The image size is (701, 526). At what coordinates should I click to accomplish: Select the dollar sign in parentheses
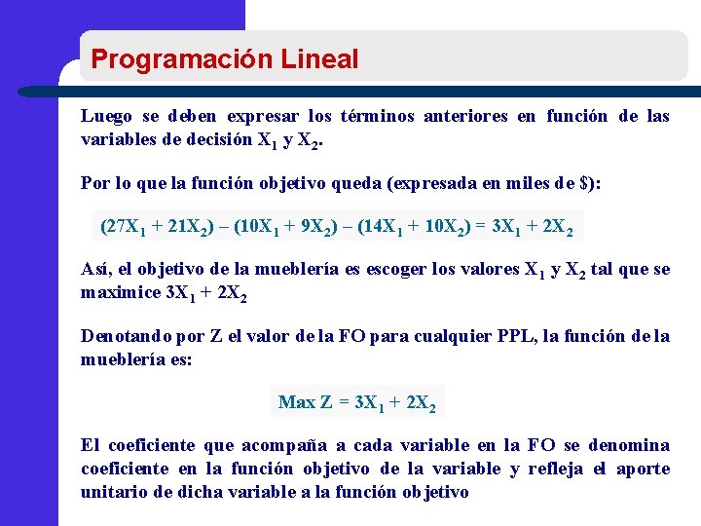(583, 184)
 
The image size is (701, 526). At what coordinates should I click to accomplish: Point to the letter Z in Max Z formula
(327, 402)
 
